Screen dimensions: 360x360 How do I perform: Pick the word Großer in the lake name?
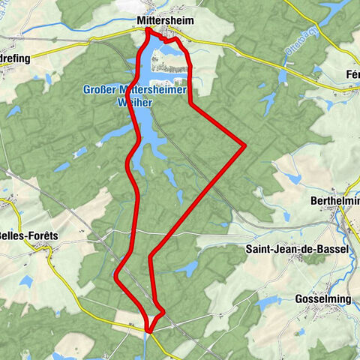pos(98,91)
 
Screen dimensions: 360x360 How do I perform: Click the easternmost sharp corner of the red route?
pos(245,144)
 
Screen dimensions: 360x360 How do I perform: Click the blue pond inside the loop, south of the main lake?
pos(171,178)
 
